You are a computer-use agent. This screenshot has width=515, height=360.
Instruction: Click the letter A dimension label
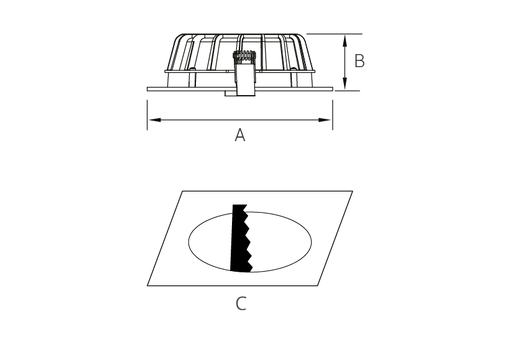click(240, 135)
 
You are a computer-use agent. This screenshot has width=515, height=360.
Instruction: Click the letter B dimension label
click(360, 61)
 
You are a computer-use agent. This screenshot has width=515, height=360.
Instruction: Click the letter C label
click(241, 303)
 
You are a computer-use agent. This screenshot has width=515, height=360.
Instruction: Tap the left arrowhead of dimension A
click(154, 120)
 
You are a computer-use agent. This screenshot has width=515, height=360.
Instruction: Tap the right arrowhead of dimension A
click(325, 120)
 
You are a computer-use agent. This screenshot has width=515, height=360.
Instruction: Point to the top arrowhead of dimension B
click(345, 41)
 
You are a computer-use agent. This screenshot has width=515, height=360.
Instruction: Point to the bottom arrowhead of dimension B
click(345, 83)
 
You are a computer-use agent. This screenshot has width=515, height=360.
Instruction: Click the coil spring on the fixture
click(244, 56)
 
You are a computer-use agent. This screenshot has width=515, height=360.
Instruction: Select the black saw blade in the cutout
click(241, 238)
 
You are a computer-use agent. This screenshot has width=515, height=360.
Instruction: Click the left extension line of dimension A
click(147, 114)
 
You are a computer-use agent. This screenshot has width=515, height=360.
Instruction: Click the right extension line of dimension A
click(333, 114)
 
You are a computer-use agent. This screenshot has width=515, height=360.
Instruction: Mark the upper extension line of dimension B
click(335, 34)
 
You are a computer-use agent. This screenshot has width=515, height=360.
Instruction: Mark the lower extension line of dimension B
click(347, 91)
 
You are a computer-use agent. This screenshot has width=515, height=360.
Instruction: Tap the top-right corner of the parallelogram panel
click(353, 191)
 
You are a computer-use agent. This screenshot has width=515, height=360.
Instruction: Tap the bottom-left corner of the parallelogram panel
click(147, 286)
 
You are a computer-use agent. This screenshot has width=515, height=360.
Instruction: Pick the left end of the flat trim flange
click(147, 89)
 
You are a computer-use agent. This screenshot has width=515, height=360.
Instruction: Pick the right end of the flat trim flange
click(333, 89)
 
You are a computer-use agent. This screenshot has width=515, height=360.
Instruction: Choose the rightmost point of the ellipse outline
click(312, 242)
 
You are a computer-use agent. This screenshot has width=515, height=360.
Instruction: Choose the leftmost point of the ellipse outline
click(188, 242)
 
